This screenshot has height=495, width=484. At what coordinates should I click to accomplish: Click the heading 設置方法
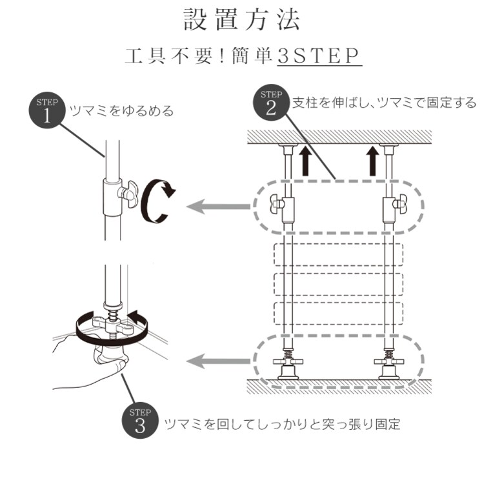click(x=242, y=20)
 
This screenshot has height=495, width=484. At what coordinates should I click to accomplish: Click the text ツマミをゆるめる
click(x=121, y=111)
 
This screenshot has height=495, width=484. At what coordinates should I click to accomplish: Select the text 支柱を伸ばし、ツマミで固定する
click(x=385, y=103)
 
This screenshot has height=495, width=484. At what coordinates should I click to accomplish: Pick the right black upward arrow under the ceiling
click(x=373, y=161)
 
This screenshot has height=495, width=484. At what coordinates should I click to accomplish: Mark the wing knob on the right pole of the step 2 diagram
click(x=400, y=205)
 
